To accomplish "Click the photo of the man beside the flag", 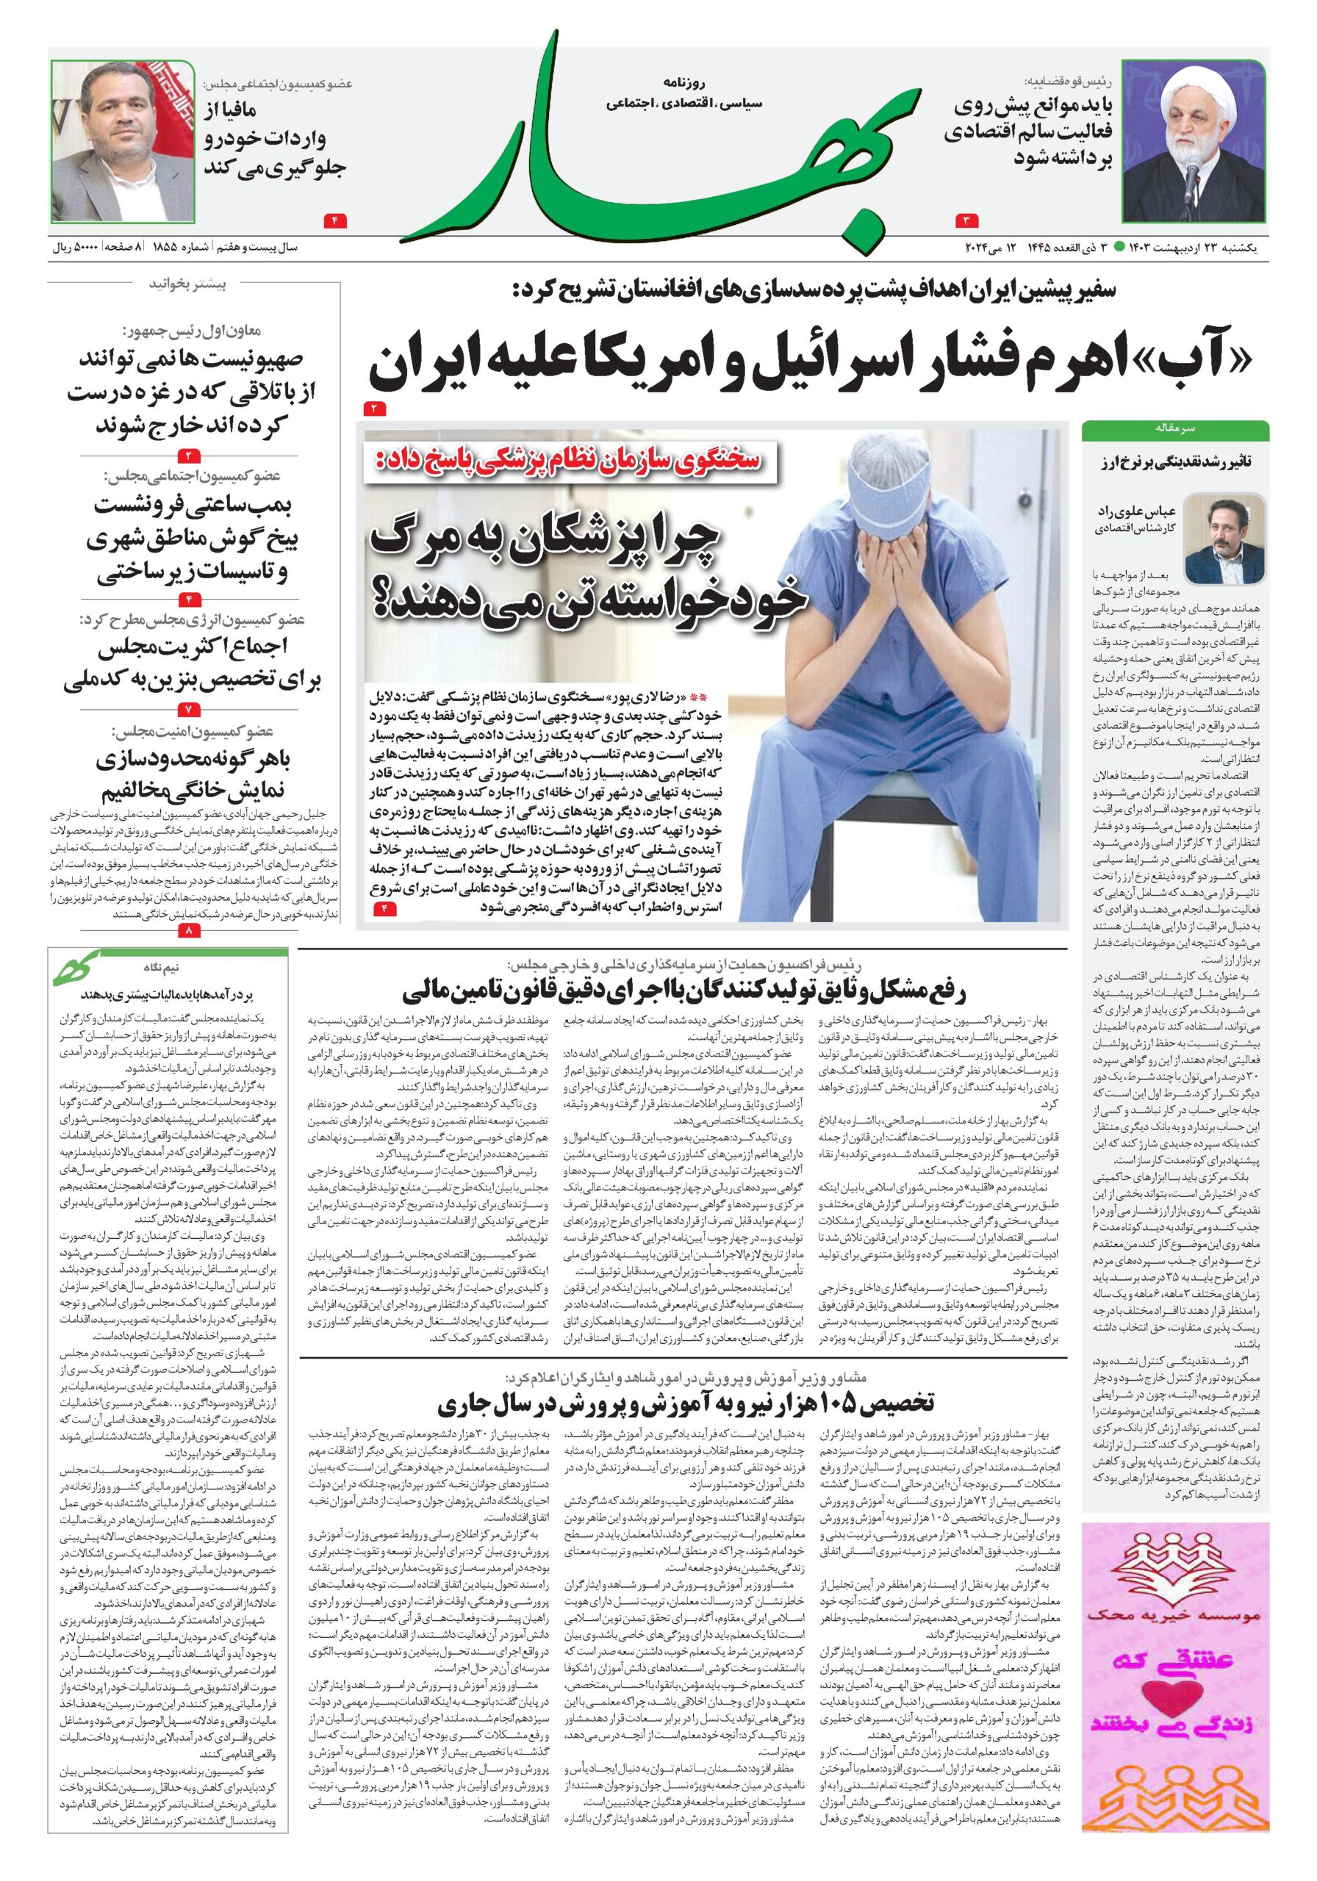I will (123, 143).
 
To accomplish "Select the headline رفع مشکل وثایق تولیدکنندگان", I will (686, 991).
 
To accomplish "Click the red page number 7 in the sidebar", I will (187, 707).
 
